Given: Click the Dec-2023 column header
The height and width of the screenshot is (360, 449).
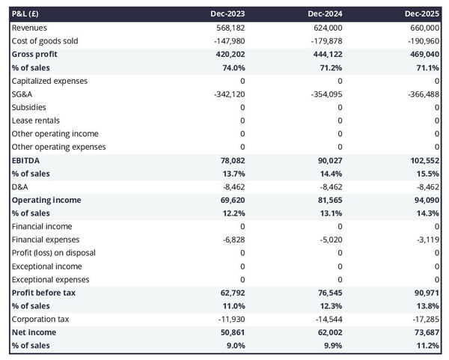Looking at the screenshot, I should coord(228,14).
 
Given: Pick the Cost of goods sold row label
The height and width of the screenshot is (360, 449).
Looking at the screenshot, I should coord(45,41).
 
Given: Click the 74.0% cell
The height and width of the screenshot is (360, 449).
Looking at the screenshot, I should coord(232,67).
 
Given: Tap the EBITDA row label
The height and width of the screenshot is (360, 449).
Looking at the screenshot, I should coord(26,160).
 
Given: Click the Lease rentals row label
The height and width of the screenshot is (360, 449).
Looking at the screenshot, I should coord(36,120).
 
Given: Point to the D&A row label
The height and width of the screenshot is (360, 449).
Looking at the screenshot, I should coord(21,186).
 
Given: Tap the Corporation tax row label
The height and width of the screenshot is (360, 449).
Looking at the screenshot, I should coord(40,319).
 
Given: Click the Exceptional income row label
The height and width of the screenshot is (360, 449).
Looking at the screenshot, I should coord(43,266).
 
